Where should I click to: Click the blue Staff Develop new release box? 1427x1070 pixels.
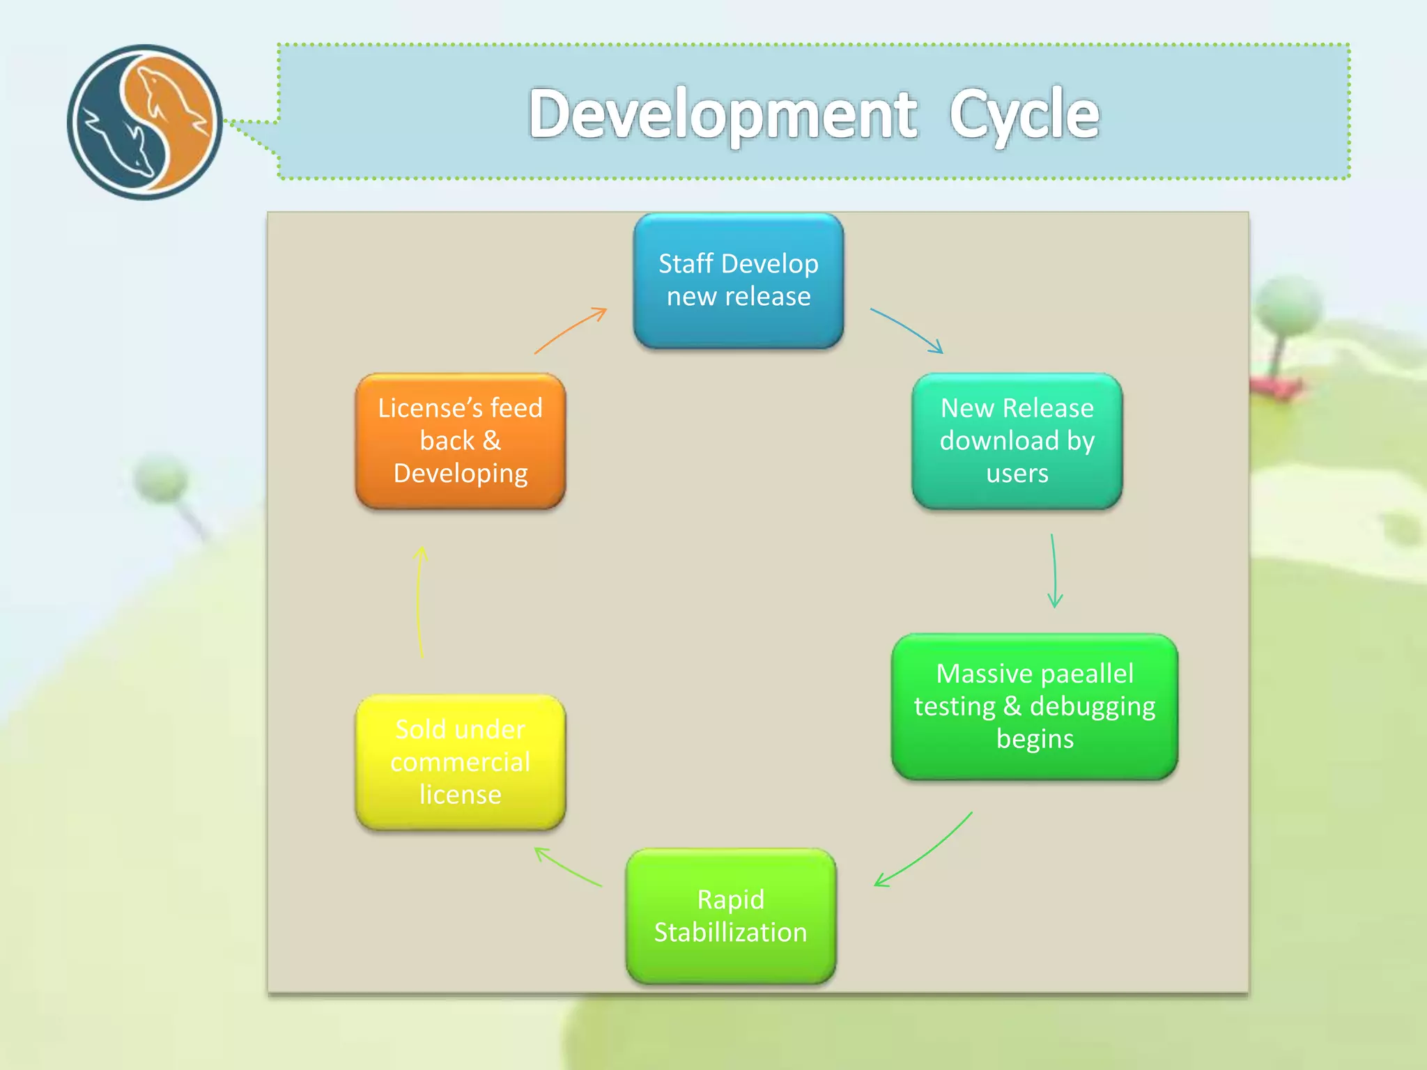point(738,280)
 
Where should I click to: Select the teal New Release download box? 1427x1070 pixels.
point(1017,440)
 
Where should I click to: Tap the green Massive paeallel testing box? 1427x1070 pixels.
point(1034,706)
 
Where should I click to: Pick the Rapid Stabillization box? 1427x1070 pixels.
point(730,915)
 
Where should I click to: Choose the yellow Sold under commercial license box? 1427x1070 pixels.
point(460,761)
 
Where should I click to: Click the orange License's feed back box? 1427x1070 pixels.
point(460,440)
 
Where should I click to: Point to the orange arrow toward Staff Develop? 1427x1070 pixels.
point(570,330)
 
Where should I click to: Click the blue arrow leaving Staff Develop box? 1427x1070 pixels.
point(907,329)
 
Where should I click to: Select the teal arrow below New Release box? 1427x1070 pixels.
point(1054,571)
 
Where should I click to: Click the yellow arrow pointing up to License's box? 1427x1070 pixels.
point(419,602)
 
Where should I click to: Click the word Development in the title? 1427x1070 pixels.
point(723,115)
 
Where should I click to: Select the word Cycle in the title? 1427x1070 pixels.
point(1024,115)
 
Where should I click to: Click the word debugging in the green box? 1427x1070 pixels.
point(1093,706)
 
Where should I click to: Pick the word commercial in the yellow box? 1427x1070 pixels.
point(460,761)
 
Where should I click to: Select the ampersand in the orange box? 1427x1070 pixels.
point(491,440)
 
